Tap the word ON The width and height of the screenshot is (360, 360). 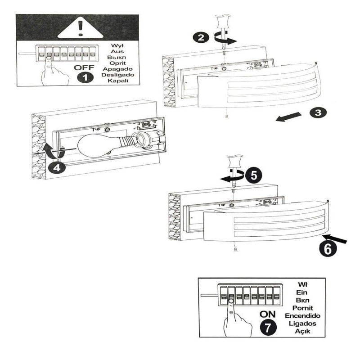tap(268, 315)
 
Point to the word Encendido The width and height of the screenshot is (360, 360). tap(302, 316)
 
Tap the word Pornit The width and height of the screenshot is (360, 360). tap(302, 308)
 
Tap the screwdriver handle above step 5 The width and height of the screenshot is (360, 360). tap(232, 161)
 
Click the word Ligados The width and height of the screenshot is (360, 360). tap(302, 324)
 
